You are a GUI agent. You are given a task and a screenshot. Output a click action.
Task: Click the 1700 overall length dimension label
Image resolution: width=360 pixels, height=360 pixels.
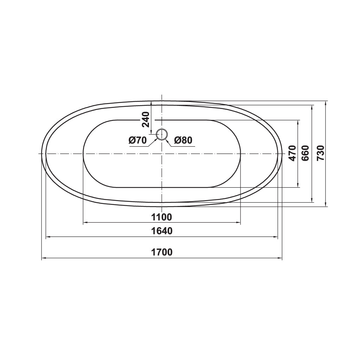point(162,252)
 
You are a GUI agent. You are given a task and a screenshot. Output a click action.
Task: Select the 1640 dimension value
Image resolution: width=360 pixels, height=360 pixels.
point(162,231)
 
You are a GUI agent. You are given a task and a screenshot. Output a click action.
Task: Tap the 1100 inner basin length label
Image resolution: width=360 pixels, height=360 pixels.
point(162,217)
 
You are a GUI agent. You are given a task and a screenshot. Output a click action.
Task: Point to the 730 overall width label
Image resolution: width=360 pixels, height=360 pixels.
point(321,153)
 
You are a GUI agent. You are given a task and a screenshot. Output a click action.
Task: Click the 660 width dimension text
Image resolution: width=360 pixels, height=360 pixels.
point(306,153)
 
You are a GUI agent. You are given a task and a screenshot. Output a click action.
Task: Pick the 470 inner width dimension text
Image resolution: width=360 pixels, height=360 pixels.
point(292,153)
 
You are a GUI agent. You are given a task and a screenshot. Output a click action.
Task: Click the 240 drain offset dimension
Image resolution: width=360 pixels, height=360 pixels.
point(146,120)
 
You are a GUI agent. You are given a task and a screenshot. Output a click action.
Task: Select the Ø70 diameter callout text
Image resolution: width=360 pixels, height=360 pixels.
point(138,140)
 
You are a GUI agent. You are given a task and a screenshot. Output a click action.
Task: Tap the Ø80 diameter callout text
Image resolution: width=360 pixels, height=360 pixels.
point(183,140)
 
